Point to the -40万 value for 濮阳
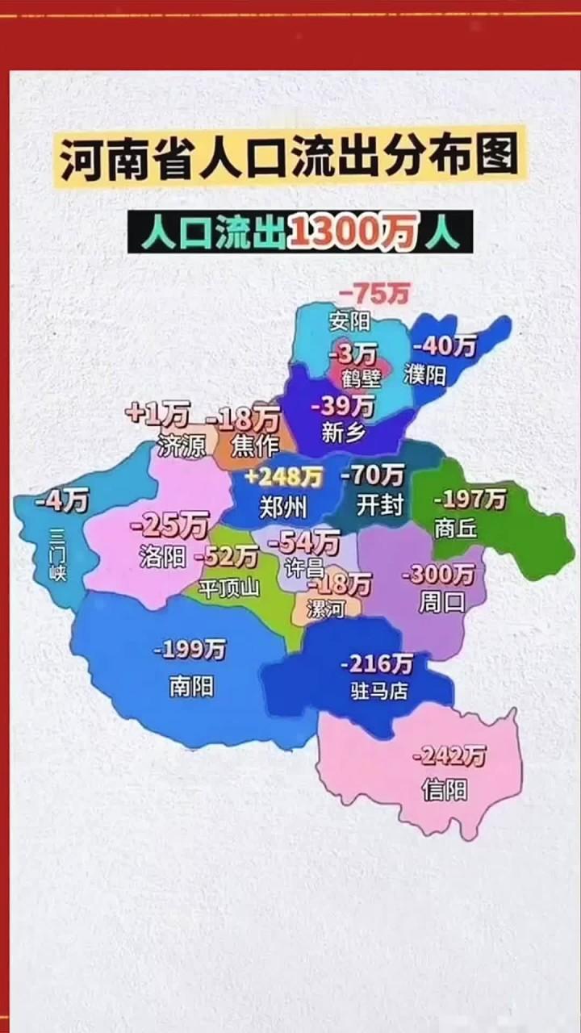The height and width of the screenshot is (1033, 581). pos(445,346)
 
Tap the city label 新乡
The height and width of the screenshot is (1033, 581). pos(343,433)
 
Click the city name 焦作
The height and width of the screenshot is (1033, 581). pos(253,445)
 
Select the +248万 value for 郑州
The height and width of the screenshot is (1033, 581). pos(283,478)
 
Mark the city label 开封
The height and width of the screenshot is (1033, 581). pos(379,506)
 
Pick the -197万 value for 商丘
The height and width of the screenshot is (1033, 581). pos(470,500)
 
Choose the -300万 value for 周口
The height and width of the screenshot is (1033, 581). pos(438,575)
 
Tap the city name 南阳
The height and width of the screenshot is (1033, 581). pos(191,686)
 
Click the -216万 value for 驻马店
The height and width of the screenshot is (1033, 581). pos(376,664)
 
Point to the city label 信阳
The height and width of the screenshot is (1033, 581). pos(444,788)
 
